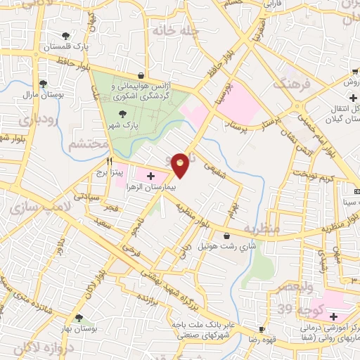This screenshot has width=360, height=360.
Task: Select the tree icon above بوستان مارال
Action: coord(44,83)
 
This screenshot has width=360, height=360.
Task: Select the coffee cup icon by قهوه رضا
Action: coord(262,329)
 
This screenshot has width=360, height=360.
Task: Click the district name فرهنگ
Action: coord(290,85)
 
